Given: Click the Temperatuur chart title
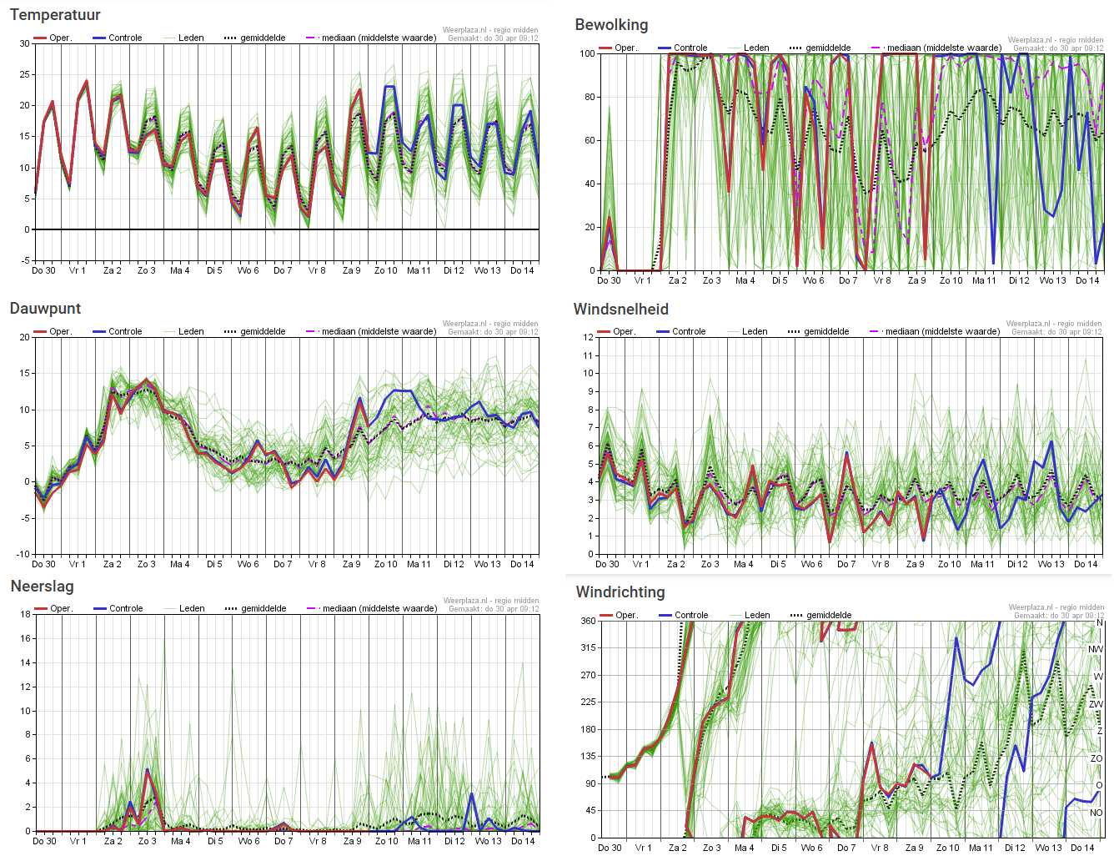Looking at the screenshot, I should point(55,15).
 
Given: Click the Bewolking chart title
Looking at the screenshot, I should point(611,25).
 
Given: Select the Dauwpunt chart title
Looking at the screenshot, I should point(45,309).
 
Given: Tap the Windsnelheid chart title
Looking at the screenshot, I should point(620,310).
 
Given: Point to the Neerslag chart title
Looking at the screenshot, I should point(42,587).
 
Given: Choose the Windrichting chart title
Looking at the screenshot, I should point(620,592).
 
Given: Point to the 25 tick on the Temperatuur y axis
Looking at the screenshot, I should point(25,75).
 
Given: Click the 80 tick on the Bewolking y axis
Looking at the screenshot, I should point(590,98).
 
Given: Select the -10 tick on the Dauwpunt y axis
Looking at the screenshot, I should point(23,554).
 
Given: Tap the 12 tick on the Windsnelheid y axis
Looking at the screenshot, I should point(588,338).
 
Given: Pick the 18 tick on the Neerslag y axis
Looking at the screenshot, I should point(25,614).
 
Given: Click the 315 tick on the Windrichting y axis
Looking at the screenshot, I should point(588,647).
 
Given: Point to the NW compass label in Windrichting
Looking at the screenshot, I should point(1096,649).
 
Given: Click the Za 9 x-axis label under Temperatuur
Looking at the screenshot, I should point(352,270).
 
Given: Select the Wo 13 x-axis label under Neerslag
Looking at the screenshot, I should point(488,841).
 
